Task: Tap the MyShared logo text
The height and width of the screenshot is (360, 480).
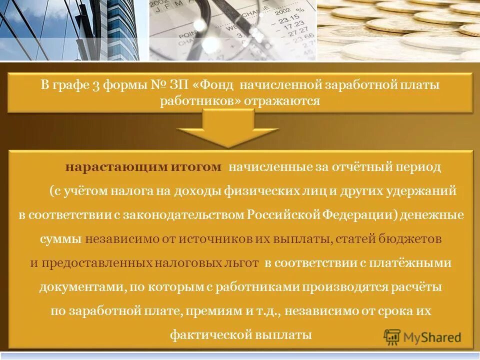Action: coord(432,337)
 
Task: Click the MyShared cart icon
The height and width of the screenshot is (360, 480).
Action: coord(393,337)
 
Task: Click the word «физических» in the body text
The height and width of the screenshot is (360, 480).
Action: coord(252,191)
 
